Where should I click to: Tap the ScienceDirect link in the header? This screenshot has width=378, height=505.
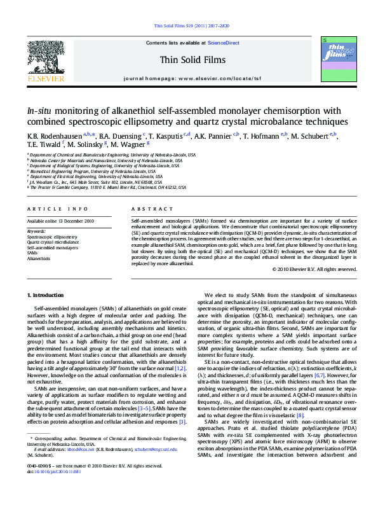(224, 43)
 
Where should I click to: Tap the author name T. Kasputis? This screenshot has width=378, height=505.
(167, 136)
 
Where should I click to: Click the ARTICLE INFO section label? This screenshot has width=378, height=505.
(58, 209)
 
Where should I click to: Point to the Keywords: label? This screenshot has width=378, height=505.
(36, 231)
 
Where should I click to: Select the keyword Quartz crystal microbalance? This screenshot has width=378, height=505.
(53, 242)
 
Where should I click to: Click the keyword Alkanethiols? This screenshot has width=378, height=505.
(38, 259)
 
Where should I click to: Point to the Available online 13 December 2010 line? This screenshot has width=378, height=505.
(60, 221)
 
